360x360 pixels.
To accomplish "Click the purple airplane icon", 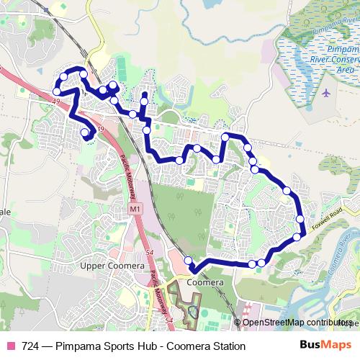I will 327,94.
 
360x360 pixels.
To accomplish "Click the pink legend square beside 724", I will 10,346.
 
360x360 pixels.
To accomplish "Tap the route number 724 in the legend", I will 31,346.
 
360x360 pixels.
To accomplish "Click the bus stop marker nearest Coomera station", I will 189,261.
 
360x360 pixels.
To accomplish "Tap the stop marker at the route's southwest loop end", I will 85,132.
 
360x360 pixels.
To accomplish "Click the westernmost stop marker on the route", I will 56,91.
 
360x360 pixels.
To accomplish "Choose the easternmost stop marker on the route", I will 300,219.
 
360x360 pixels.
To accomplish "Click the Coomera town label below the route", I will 205,283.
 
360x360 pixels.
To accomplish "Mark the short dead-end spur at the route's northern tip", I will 144,96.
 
